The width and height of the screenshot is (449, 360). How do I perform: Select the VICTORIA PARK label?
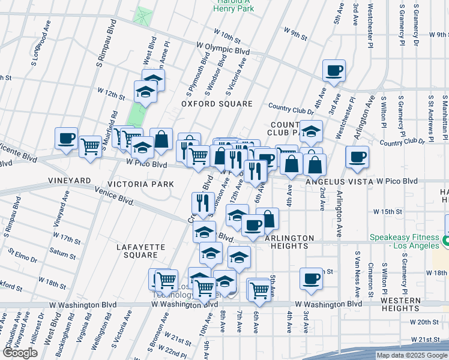pos(137,183)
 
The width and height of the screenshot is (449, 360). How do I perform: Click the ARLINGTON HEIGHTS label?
pos(289,242)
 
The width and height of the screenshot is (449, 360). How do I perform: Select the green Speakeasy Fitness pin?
pos(445,241)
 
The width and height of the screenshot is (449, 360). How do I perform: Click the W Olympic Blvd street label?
pos(223,44)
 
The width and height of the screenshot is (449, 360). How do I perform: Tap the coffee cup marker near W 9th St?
pos(334,71)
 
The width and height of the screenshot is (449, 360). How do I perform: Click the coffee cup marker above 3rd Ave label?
pos(312,278)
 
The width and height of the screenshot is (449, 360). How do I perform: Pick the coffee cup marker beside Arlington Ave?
pos(357,157)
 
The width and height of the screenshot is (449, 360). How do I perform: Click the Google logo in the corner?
pos(20,353)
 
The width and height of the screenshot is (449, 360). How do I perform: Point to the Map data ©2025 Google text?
pos(411,355)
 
